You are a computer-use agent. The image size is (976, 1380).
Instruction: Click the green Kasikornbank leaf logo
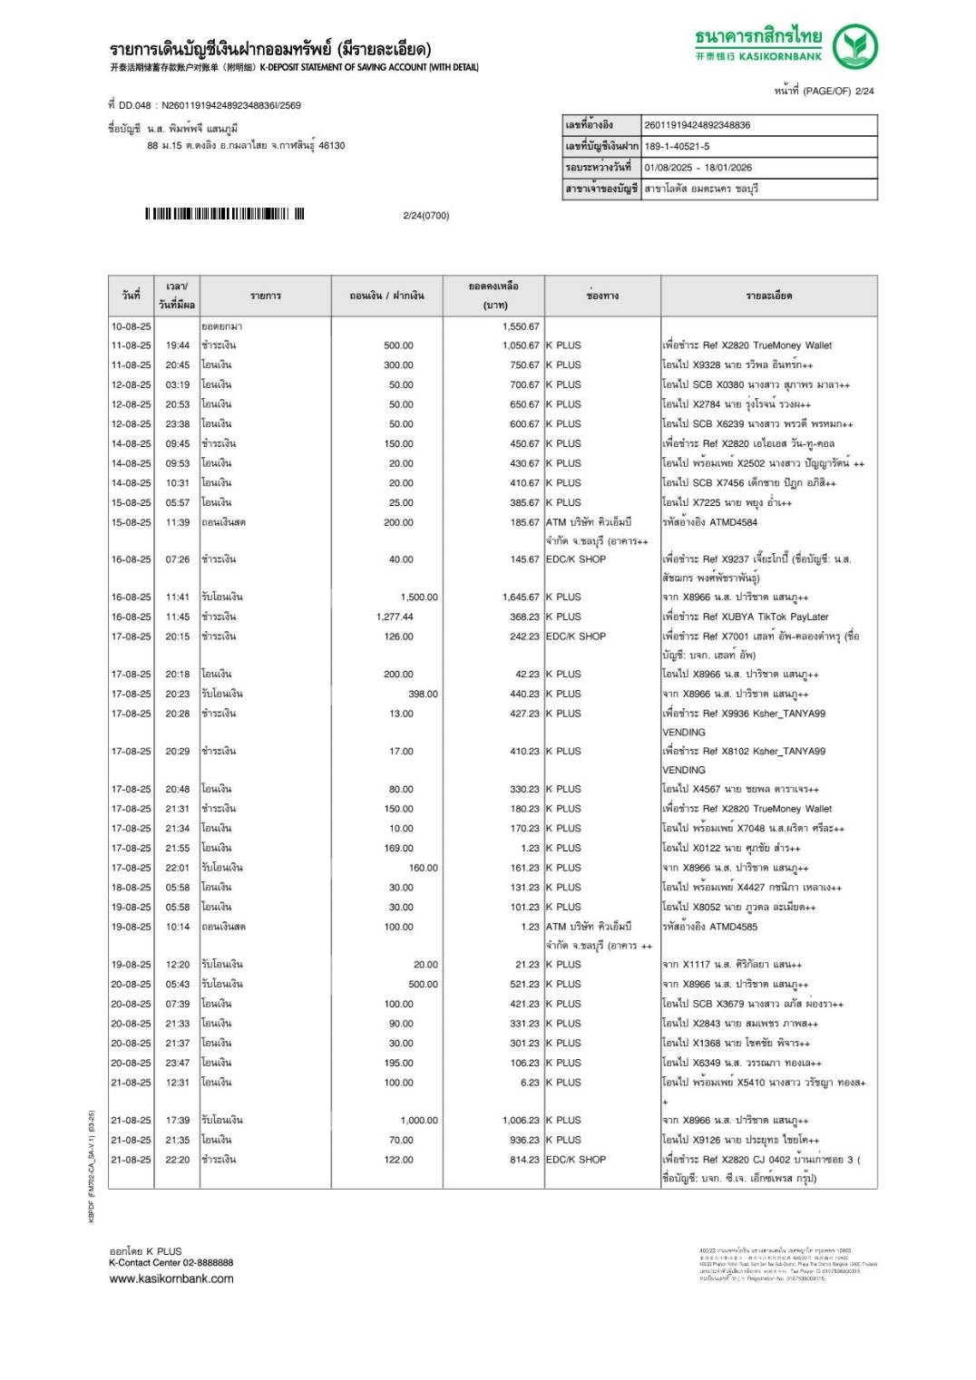click(854, 46)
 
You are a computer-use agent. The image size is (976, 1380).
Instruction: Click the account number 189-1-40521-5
click(677, 146)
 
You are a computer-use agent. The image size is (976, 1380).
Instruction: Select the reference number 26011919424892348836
click(697, 125)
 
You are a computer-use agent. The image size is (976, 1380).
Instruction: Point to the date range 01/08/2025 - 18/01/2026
click(698, 168)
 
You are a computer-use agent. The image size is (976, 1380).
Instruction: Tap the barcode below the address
click(224, 215)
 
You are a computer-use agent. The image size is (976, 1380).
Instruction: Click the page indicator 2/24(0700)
click(425, 216)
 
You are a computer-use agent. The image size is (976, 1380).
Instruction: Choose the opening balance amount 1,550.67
click(521, 326)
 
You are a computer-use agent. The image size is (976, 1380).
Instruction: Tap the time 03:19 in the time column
click(178, 384)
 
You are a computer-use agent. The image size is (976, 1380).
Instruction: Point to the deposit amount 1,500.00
click(419, 598)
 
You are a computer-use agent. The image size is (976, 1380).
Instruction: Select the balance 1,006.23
click(521, 1121)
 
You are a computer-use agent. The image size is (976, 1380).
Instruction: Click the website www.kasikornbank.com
click(171, 1278)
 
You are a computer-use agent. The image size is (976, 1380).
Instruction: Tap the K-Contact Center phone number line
click(171, 1262)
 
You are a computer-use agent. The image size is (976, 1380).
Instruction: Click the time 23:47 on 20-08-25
click(178, 1063)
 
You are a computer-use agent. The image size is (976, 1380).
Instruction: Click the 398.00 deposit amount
click(423, 694)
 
